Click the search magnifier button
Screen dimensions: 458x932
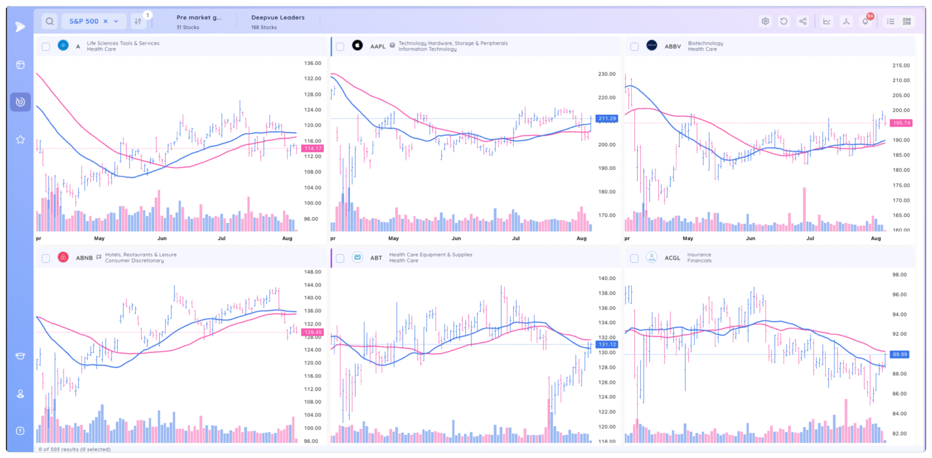[50, 21]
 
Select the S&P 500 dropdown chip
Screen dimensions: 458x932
[94, 21]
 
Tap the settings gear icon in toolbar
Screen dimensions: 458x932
[765, 21]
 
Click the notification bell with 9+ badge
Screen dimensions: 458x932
[865, 21]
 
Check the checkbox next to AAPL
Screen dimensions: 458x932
[340, 47]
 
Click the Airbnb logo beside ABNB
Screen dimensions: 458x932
[62, 258]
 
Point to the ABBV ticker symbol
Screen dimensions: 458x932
[672, 46]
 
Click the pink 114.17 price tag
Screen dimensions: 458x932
[312, 148]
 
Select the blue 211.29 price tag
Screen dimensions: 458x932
[607, 118]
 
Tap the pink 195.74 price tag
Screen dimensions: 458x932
[900, 123]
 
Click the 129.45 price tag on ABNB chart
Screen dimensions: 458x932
[312, 332]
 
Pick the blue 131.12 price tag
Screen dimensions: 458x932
[607, 344]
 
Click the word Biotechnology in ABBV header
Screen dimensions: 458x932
[705, 43]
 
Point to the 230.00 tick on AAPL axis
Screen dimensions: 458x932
[607, 74]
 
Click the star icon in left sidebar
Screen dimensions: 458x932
[20, 140]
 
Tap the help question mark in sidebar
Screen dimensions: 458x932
[20, 431]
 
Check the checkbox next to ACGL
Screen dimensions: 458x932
[634, 258]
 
